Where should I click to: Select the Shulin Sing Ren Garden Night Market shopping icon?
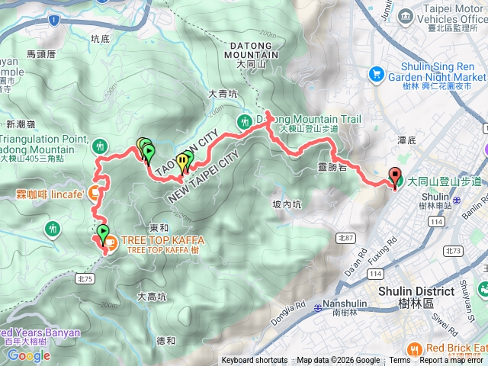pos(376,74)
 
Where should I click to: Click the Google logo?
pos(28,355)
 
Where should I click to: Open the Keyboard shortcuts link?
pos(254,361)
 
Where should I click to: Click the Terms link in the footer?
pos(400,361)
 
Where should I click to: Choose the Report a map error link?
pos(451,361)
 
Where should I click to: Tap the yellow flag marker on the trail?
pos(181,161)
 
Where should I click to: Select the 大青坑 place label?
pos(223,95)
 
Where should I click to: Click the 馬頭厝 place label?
pos(41,54)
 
